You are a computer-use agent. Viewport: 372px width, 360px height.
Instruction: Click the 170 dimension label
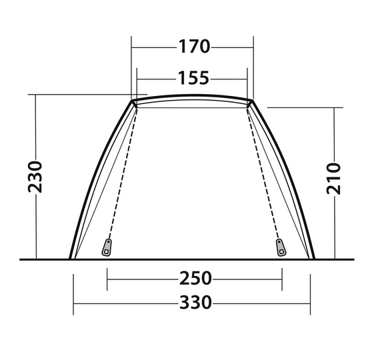(x=194, y=47)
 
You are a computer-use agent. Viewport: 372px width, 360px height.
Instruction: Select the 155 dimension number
(x=193, y=78)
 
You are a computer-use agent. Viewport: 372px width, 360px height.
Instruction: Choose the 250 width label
(x=195, y=279)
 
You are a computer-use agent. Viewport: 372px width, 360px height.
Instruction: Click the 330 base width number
(x=195, y=303)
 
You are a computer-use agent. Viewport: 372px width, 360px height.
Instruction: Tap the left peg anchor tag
(x=107, y=247)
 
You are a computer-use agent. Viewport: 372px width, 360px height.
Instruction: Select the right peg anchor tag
(x=281, y=247)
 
